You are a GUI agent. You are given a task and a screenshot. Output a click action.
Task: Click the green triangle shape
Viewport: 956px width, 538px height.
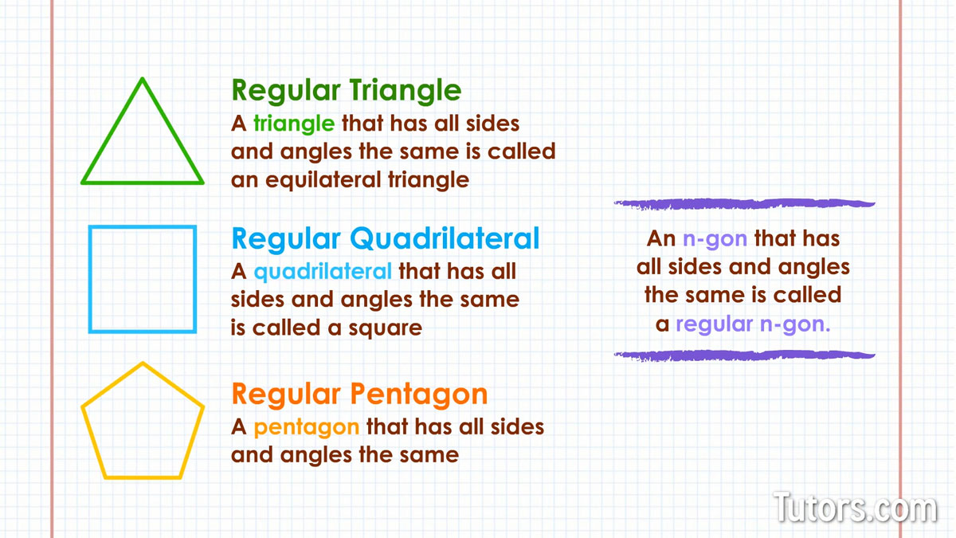(x=112, y=130)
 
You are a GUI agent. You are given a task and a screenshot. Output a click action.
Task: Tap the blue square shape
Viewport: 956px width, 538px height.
(x=90, y=279)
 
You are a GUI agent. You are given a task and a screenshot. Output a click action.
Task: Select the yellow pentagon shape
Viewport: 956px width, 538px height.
(x=143, y=477)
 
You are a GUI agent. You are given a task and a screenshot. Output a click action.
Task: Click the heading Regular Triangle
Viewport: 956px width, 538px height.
(x=346, y=91)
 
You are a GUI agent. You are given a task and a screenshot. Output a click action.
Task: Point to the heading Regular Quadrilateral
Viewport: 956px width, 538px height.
(x=386, y=238)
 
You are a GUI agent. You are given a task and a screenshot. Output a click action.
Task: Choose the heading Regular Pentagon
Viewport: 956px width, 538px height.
(x=359, y=394)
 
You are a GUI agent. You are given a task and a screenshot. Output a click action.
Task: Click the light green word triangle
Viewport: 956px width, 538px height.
(x=294, y=124)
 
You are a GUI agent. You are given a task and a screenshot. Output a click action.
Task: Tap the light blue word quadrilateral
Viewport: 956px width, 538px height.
(x=323, y=272)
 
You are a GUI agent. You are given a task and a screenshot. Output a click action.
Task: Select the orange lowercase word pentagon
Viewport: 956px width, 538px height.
(x=307, y=428)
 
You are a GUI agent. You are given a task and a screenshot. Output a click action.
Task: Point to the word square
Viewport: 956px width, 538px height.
(x=385, y=328)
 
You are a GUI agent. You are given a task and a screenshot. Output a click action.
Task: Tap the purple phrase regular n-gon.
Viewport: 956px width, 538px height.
(x=753, y=324)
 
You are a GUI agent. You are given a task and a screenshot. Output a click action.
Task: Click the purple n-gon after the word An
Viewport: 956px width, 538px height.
(x=715, y=239)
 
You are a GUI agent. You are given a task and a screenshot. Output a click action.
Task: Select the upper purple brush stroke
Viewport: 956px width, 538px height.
(x=744, y=204)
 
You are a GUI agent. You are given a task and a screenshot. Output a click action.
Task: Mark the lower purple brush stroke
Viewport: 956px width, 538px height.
(x=744, y=355)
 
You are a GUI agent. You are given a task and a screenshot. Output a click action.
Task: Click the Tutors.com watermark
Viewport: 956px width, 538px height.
(x=855, y=507)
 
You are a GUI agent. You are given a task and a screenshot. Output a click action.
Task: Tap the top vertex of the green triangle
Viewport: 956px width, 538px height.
(x=143, y=79)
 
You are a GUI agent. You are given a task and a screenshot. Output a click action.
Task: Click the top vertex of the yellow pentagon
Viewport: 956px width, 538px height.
(x=143, y=363)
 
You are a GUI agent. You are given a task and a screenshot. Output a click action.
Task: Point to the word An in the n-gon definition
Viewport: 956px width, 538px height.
(x=661, y=238)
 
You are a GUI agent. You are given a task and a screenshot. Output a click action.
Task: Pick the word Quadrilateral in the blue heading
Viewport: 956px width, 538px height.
(x=445, y=238)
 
